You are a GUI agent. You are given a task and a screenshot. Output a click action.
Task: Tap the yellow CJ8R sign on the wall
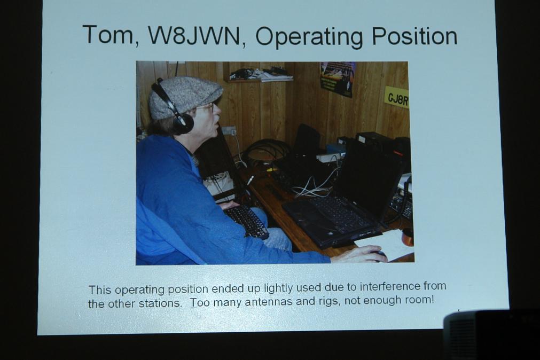coord(397,98)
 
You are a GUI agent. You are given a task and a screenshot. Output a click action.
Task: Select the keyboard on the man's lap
coord(246,221)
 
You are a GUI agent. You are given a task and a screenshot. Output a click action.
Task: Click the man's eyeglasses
coord(207,106)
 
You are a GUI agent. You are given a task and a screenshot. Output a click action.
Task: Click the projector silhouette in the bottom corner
coord(491,334)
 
